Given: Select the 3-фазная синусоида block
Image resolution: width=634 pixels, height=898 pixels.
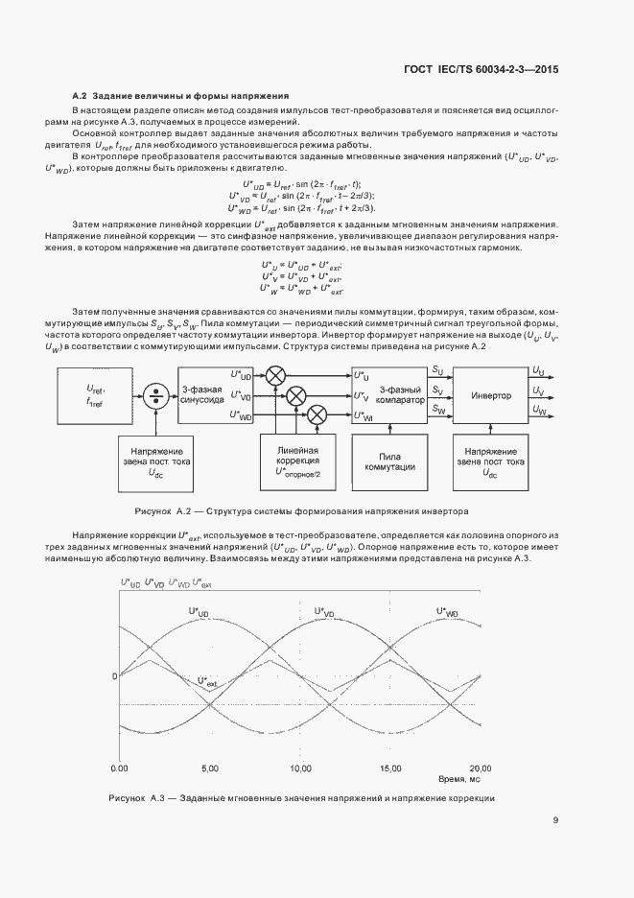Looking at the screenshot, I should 202,393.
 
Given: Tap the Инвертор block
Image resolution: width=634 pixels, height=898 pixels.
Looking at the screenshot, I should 491,394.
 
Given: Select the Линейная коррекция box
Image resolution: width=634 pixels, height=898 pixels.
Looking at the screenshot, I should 297,461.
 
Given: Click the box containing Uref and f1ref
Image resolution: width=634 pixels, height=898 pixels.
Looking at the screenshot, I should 95,394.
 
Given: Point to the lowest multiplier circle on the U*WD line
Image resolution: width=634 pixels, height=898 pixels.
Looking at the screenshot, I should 315,414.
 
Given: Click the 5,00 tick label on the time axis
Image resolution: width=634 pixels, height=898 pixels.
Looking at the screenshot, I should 210,768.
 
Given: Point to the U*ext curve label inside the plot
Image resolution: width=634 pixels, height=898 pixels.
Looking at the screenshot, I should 207,682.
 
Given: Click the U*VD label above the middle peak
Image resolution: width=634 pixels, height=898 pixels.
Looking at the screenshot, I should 323,611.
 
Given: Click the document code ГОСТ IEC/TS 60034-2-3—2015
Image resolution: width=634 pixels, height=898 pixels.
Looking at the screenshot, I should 488,69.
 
